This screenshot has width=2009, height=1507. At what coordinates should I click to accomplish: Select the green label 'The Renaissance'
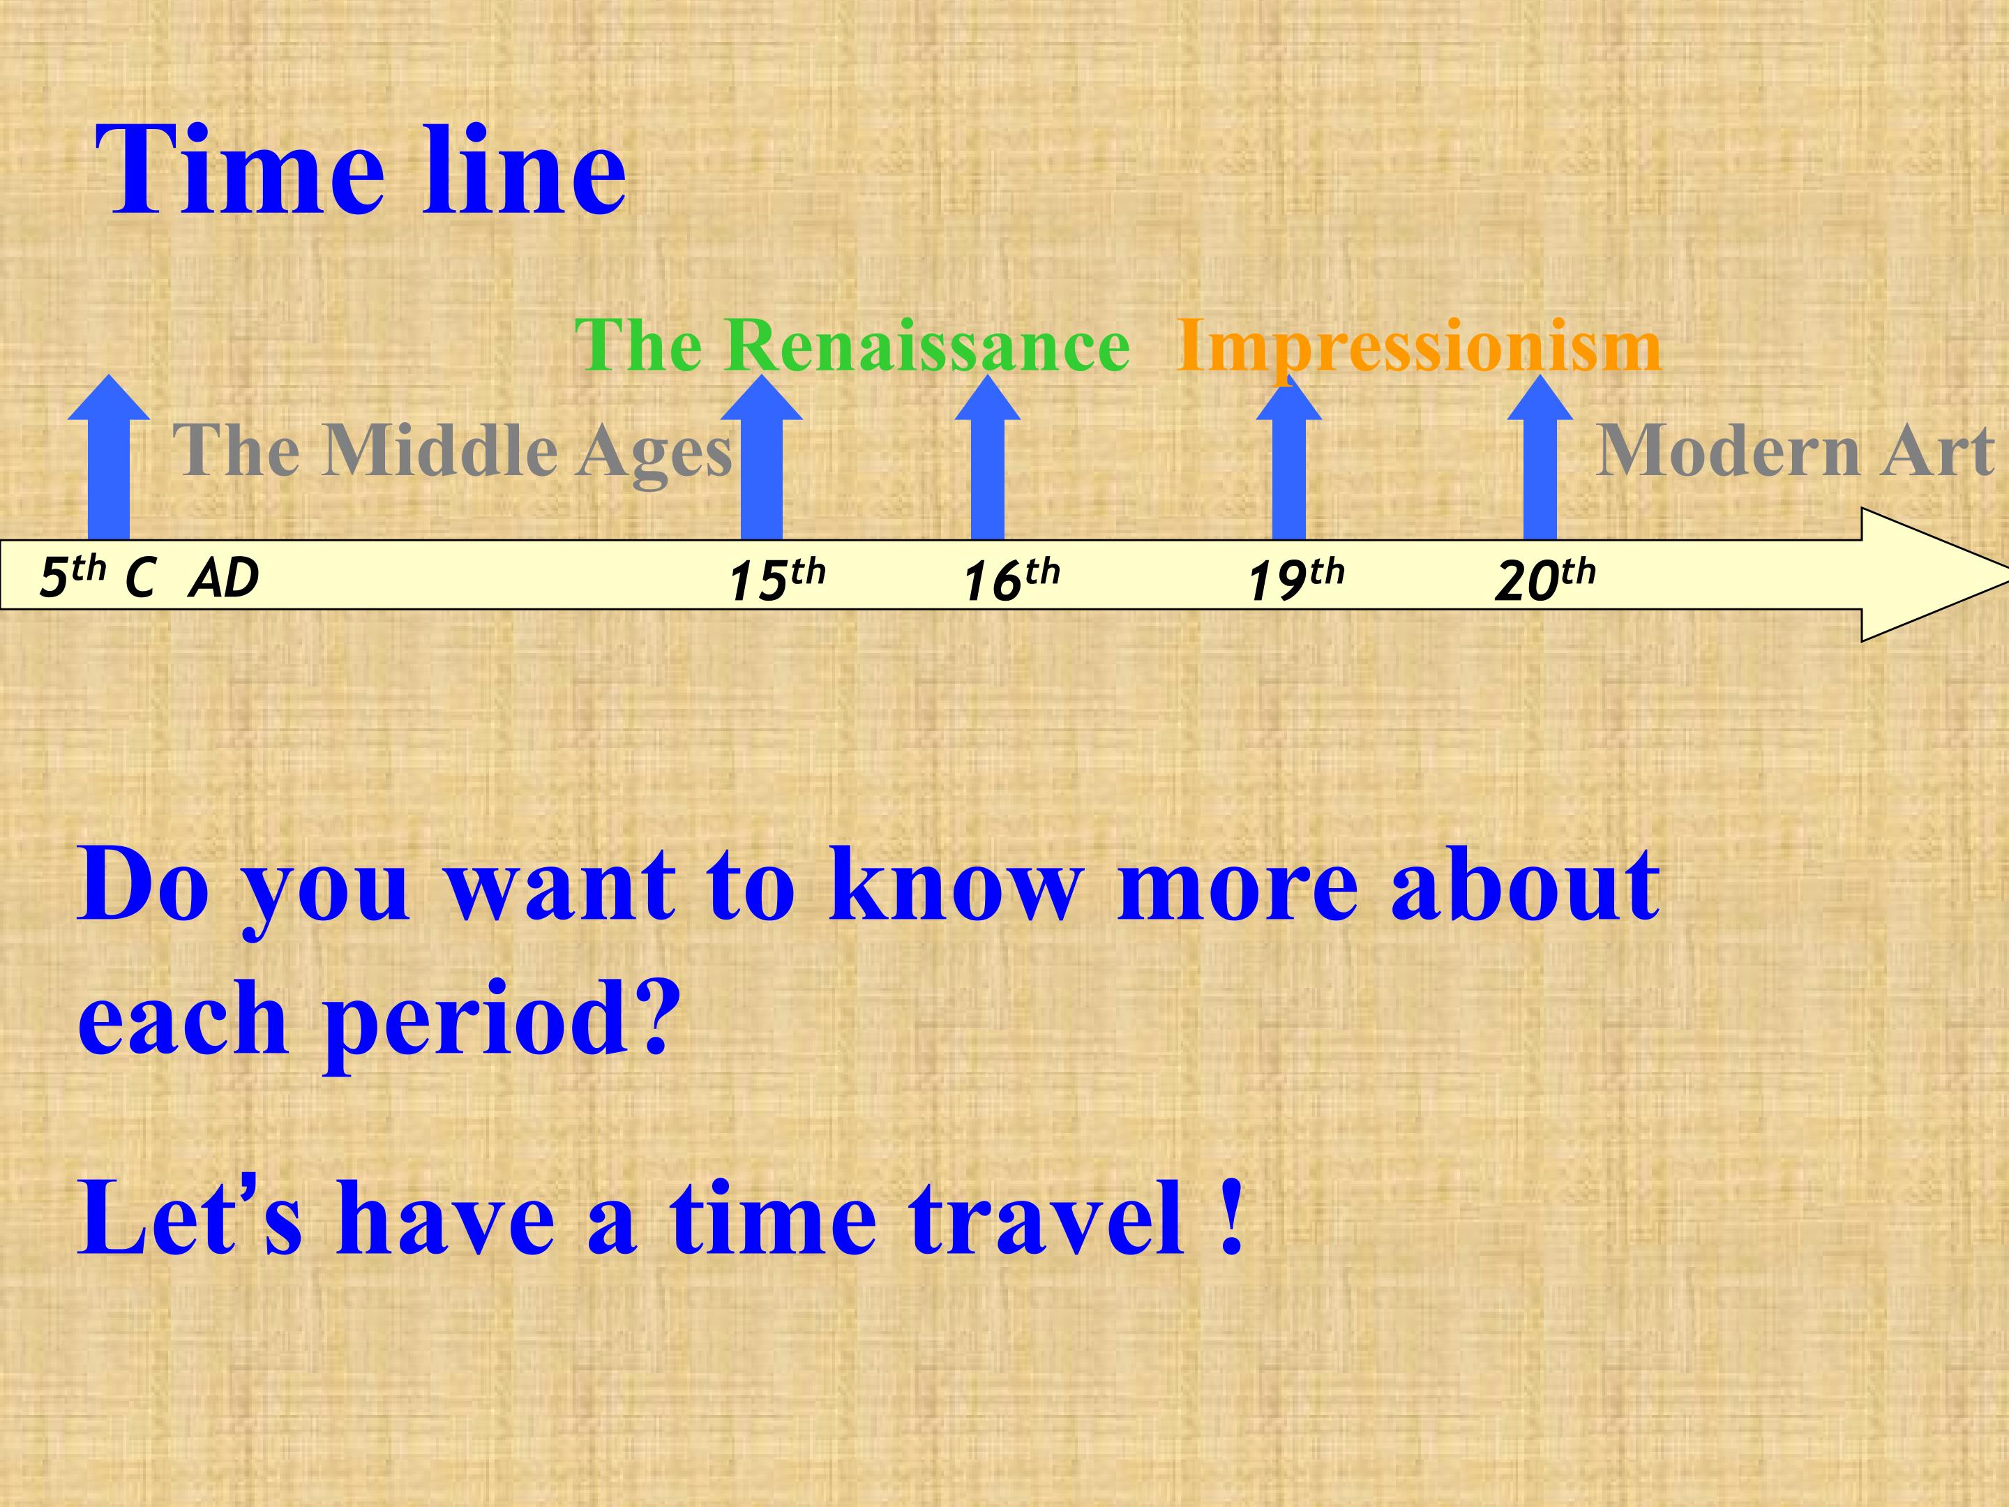[852, 346]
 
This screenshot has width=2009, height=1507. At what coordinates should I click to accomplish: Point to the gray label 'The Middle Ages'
[452, 451]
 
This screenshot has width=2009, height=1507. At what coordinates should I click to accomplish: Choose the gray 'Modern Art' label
[1796, 451]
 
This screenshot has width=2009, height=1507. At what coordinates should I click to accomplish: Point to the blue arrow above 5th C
[109, 457]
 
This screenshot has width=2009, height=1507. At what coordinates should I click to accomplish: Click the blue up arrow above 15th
[761, 457]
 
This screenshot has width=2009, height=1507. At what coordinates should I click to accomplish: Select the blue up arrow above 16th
[987, 458]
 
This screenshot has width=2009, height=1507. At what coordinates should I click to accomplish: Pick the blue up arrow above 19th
[1289, 458]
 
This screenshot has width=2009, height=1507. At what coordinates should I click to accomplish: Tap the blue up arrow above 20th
[1540, 458]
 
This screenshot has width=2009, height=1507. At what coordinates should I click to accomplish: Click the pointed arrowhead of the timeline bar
[2006, 574]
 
